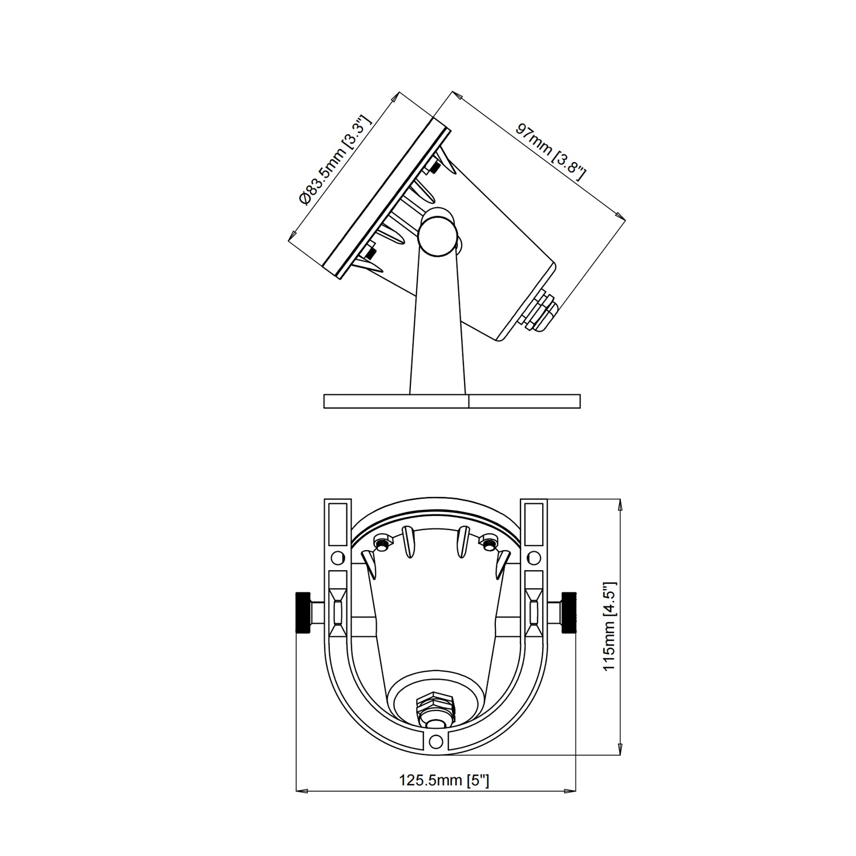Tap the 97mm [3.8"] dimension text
pyautogui.click(x=551, y=152)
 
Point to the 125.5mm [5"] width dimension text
pyautogui.click(x=445, y=780)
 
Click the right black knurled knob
pyautogui.click(x=570, y=613)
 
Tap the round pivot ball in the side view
pyautogui.click(x=438, y=233)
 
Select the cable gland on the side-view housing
pyautogui.click(x=540, y=310)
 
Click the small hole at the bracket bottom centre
pyautogui.click(x=437, y=741)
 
